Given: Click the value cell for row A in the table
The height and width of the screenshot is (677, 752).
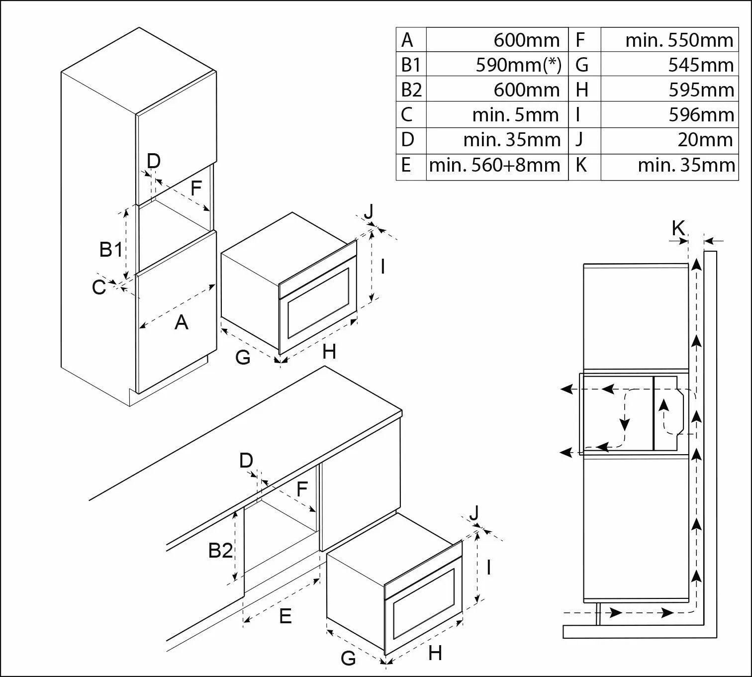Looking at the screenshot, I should (497, 40).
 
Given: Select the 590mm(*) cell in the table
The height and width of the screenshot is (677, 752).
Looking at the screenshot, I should (497, 65).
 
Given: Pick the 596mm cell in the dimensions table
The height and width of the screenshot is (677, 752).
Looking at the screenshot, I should (669, 115).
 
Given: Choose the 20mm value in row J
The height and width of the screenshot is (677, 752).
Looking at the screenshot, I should (669, 140).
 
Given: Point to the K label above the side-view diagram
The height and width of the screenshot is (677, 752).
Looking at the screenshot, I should (678, 228).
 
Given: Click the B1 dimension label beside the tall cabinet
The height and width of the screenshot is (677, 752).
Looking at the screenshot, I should (110, 249).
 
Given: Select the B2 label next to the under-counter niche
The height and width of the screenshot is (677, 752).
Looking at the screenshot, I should (220, 551).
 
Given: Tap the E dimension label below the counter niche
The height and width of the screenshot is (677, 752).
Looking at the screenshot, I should (285, 616).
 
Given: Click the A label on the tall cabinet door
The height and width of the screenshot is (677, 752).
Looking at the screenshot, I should (182, 323).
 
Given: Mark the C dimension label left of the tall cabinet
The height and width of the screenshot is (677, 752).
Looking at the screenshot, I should (99, 288).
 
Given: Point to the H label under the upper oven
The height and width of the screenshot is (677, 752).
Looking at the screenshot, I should (329, 352).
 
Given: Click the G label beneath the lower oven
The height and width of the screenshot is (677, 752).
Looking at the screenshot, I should (348, 659).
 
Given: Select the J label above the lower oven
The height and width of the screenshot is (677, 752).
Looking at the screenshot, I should (474, 512).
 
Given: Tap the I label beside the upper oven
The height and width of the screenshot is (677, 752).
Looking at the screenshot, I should (382, 267).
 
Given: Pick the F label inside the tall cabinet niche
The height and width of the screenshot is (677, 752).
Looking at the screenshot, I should (196, 188).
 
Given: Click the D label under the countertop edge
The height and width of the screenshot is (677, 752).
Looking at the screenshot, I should (246, 461).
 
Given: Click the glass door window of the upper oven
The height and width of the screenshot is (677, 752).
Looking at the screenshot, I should (318, 303).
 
